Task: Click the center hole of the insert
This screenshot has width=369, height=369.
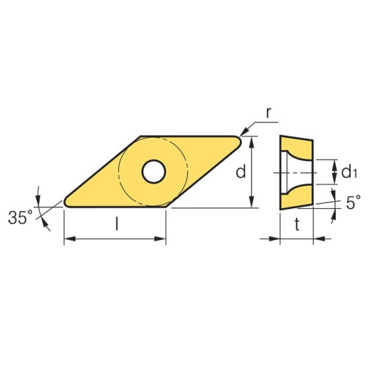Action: click(x=154, y=171)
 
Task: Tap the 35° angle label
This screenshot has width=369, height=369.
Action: click(x=21, y=217)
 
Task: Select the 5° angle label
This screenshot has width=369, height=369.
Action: click(x=354, y=202)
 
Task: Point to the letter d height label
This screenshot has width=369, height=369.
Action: click(x=241, y=171)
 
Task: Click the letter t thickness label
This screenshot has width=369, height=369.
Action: click(x=297, y=224)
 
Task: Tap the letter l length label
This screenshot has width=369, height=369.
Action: click(x=117, y=224)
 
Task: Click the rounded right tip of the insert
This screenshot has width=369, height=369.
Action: click(x=238, y=142)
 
